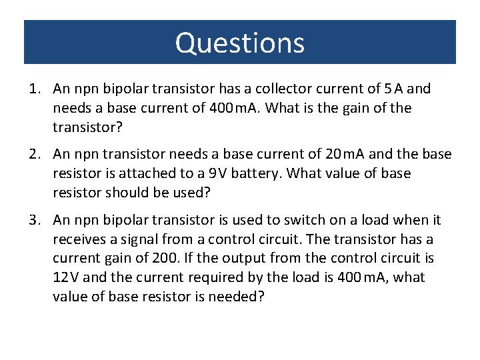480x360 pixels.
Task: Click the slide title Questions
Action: coord(240,43)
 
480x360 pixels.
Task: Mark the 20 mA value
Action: coord(345,155)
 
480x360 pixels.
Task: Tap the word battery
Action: coord(242,174)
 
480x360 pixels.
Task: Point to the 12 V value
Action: coord(65,277)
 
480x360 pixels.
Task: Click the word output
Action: coord(243,258)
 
